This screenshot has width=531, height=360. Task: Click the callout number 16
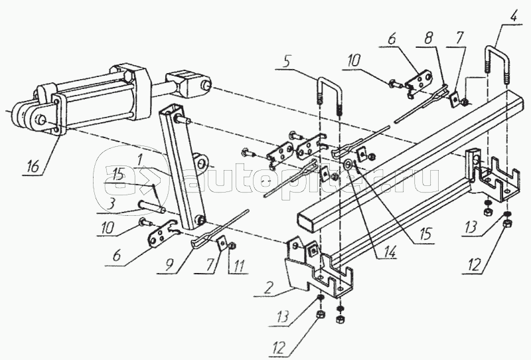coord(33,167)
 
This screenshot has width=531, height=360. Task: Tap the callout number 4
coord(514,16)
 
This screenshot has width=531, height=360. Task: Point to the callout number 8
coord(428,38)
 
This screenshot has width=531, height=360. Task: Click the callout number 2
coord(267,288)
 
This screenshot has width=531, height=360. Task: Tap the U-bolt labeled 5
coord(329,96)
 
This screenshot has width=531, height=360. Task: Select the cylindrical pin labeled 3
coord(151,207)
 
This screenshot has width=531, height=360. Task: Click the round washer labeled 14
coord(347,165)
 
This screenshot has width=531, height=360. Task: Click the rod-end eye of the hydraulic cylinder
coord(192,83)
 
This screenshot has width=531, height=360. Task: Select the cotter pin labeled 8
coord(421,104)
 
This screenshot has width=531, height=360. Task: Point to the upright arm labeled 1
coord(184,168)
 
